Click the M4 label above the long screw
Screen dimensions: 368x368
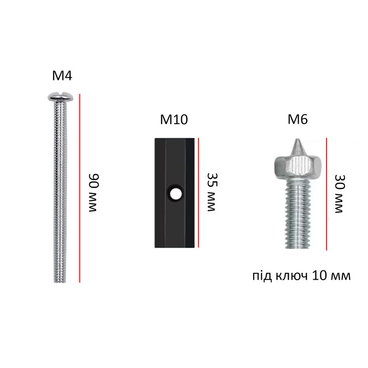[62, 75]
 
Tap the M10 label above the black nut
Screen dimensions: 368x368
[174, 120]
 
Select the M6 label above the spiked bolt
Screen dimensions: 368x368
[298, 119]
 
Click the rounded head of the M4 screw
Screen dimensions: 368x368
[60, 97]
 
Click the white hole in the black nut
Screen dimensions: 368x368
[175, 194]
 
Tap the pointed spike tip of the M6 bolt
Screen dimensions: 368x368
[298, 139]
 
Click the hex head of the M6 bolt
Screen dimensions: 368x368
[298, 167]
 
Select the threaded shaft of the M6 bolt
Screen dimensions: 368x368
[298, 213]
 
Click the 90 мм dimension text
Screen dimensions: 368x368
[94, 193]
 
